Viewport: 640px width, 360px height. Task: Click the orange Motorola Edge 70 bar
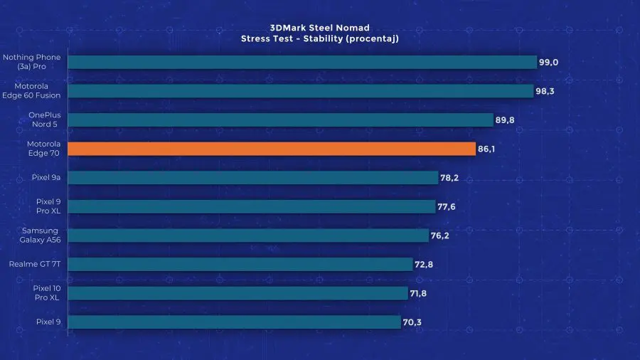(x=272, y=149)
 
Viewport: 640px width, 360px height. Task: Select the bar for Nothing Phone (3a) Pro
(x=302, y=62)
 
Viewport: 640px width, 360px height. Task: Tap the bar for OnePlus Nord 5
(x=280, y=120)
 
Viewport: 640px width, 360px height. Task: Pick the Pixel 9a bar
(x=253, y=178)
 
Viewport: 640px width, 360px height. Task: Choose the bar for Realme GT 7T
(x=240, y=265)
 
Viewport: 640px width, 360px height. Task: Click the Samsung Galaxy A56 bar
(x=248, y=235)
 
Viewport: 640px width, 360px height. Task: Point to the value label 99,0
(x=548, y=63)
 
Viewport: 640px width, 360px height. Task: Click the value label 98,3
(x=545, y=91)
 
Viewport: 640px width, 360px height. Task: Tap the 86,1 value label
(x=487, y=149)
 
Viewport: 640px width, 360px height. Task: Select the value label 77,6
(x=447, y=207)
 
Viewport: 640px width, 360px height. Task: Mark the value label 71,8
(x=418, y=293)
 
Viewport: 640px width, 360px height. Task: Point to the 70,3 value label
(x=413, y=322)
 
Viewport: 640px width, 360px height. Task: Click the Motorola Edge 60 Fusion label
(x=32, y=91)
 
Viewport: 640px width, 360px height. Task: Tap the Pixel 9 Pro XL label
(x=44, y=206)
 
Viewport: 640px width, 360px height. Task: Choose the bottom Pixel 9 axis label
(x=48, y=322)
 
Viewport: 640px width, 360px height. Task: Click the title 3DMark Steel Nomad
(x=319, y=28)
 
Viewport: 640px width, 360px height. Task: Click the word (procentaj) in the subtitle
(x=373, y=38)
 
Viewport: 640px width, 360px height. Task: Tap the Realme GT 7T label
(x=35, y=265)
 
